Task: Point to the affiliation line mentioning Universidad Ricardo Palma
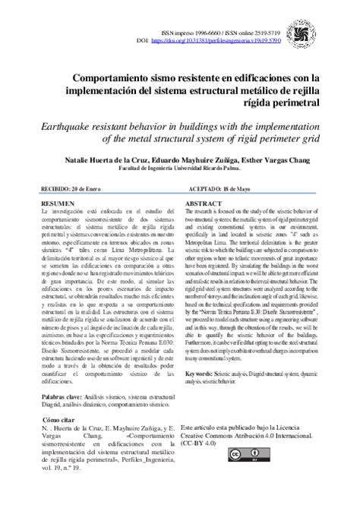pyautogui.click(x=179, y=169)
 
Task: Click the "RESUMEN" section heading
pyautogui.click(x=58, y=205)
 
